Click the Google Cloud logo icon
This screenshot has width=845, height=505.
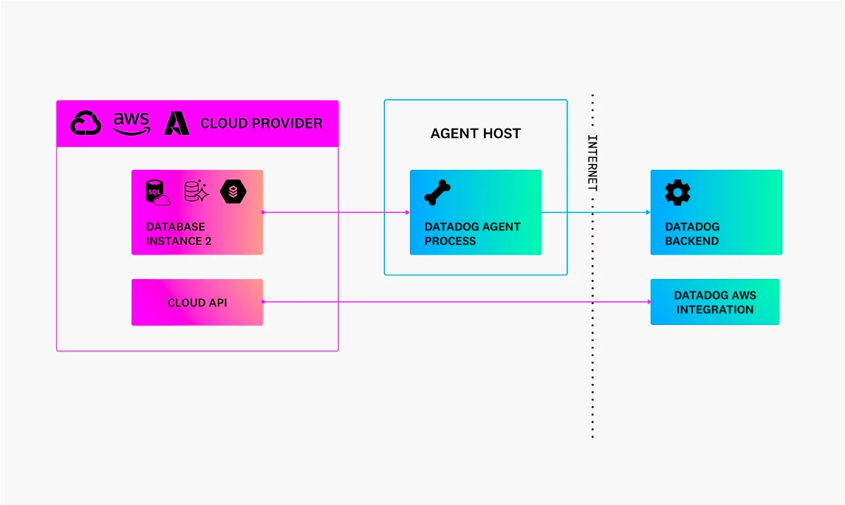pyautogui.click(x=86, y=123)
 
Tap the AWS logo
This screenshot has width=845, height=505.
pyautogui.click(x=131, y=124)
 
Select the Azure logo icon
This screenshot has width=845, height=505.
pyautogui.click(x=177, y=123)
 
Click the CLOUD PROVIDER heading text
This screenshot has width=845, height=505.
pyautogui.click(x=261, y=123)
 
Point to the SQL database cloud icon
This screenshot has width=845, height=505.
pyautogui.click(x=158, y=193)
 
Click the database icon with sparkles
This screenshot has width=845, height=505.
pyautogui.click(x=196, y=191)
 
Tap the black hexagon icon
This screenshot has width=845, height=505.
pyautogui.click(x=233, y=191)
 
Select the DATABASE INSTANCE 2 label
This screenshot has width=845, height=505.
pyautogui.click(x=178, y=233)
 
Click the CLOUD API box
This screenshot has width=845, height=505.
pyautogui.click(x=197, y=302)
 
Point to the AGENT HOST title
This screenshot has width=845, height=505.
pyautogui.click(x=476, y=134)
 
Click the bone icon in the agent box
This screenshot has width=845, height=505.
pyautogui.click(x=437, y=193)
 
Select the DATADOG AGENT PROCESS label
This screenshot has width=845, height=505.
pyautogui.click(x=472, y=233)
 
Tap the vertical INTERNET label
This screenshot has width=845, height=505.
pyautogui.click(x=592, y=162)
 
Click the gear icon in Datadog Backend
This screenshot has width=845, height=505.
pyautogui.click(x=677, y=192)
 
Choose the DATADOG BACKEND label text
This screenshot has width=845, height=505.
pyautogui.click(x=692, y=233)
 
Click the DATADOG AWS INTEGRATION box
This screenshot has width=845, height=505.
pyautogui.click(x=715, y=302)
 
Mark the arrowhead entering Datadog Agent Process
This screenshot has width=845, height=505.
pyautogui.click(x=408, y=212)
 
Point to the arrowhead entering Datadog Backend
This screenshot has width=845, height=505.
pyautogui.click(x=649, y=212)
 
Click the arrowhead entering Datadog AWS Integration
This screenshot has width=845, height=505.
pyautogui.click(x=649, y=302)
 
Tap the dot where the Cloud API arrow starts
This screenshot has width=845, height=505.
pyautogui.click(x=263, y=302)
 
